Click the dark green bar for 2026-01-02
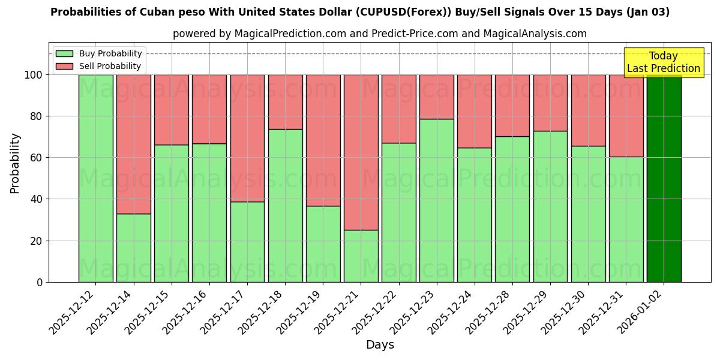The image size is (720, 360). [x=664, y=178]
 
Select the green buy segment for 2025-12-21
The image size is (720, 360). [x=361, y=256]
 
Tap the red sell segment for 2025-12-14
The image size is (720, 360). [x=133, y=144]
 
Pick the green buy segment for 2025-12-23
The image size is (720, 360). [x=436, y=200]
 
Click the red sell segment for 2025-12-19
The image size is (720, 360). [x=323, y=140]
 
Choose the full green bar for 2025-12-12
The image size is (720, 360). [x=95, y=178]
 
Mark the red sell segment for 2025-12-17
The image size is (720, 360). [x=247, y=138]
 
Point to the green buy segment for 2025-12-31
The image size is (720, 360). [x=626, y=219]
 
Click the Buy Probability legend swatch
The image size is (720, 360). [x=64, y=53]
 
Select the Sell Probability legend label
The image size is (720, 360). [x=110, y=66]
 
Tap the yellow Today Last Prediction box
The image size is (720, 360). [x=664, y=62]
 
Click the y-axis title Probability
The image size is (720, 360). [x=15, y=163]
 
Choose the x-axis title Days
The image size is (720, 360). [x=380, y=344]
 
